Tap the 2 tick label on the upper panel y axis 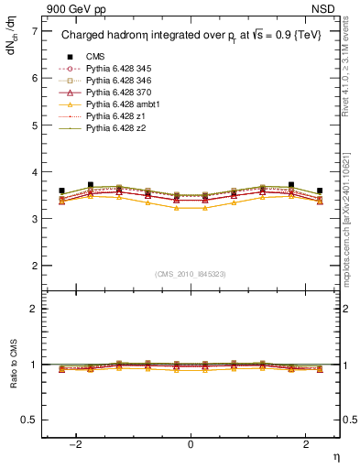[x=33, y=266]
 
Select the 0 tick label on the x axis [x=191, y=444]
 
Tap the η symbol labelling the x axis [x=334, y=455]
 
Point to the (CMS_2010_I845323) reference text [x=191, y=274]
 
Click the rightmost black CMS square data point [x=320, y=191]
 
